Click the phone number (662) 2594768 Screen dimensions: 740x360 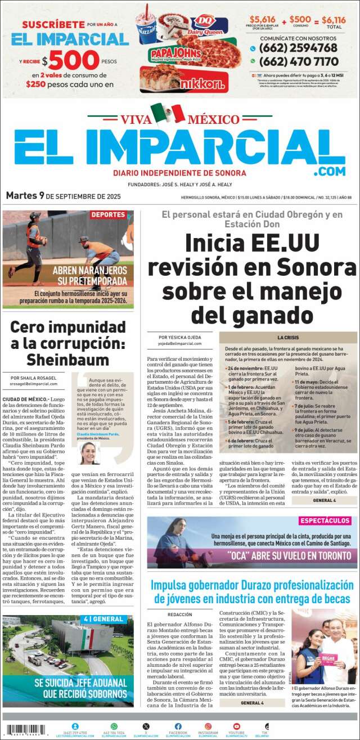click(x=302, y=48)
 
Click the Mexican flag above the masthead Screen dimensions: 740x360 click(x=168, y=113)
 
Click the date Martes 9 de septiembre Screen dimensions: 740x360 click(x=63, y=196)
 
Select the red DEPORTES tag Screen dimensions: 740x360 click(x=108, y=215)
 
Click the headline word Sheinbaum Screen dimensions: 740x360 click(x=68, y=360)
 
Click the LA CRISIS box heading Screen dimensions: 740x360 click(x=287, y=337)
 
